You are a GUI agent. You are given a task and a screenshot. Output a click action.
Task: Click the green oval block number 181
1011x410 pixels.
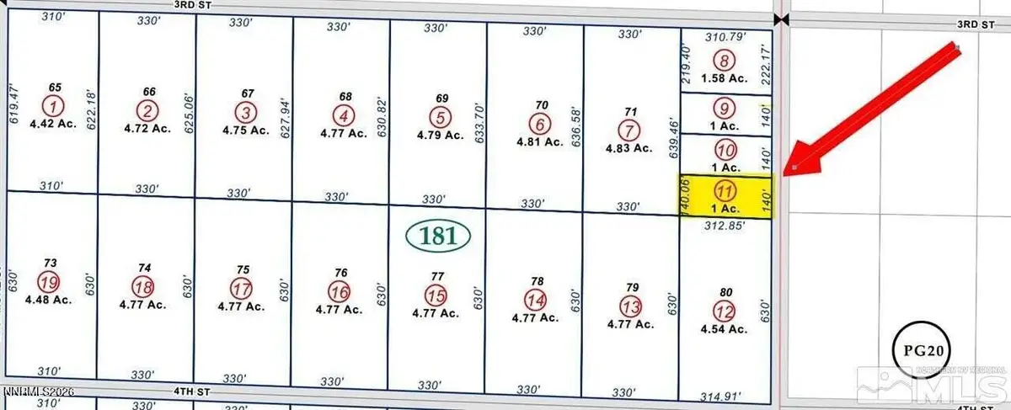[x=438, y=237]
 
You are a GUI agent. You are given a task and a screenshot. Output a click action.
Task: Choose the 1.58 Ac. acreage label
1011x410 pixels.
[x=725, y=78]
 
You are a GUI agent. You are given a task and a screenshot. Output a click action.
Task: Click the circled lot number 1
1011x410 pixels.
[x=55, y=106]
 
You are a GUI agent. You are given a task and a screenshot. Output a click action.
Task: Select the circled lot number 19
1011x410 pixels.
[x=49, y=281]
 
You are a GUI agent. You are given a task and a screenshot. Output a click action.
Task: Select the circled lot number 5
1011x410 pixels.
[x=439, y=116]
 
